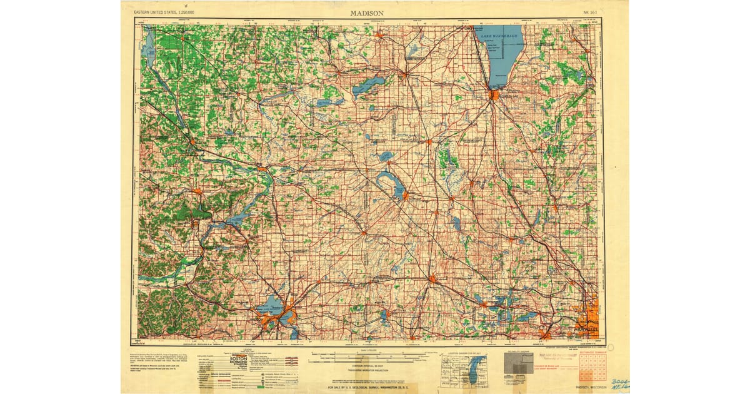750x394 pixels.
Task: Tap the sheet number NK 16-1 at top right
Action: [x=587, y=13]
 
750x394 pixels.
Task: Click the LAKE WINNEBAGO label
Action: [x=499, y=37]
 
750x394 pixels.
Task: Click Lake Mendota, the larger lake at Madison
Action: [x=269, y=306]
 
